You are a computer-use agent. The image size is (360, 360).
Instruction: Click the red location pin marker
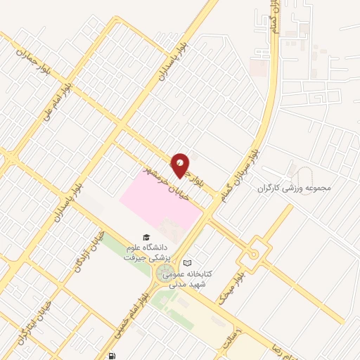[x=181, y=165]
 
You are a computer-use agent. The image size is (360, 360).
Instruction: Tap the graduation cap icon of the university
[x=146, y=237]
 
